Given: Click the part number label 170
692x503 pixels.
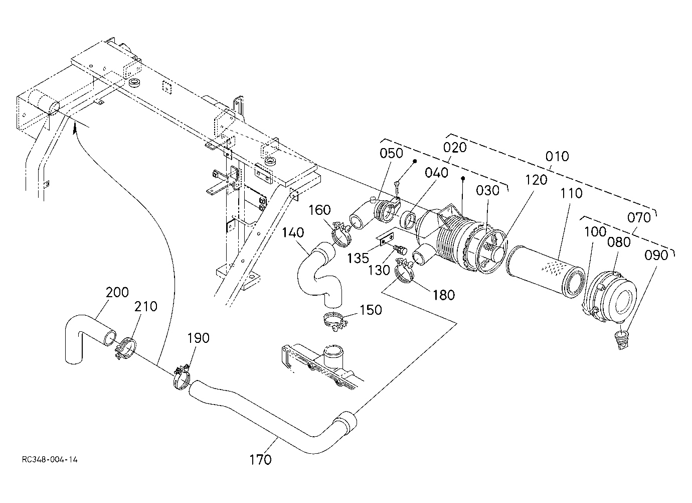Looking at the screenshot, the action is click(x=260, y=460).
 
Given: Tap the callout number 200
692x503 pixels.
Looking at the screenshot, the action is click(x=117, y=292).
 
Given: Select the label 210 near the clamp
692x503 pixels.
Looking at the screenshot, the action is click(x=146, y=306).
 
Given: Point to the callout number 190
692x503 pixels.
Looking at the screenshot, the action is click(x=198, y=338).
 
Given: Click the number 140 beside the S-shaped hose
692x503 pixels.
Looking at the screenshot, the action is click(x=293, y=232).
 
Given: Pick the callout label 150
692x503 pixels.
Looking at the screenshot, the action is click(x=371, y=310).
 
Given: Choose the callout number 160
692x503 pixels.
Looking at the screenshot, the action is click(x=319, y=210).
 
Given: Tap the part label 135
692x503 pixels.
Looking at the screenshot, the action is click(x=358, y=259).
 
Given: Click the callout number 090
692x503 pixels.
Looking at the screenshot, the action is click(x=656, y=255).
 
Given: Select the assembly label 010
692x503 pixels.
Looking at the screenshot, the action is click(x=557, y=157).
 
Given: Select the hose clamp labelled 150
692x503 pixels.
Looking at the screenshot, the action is click(x=335, y=321).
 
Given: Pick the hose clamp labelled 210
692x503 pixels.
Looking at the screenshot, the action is click(x=127, y=349).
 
